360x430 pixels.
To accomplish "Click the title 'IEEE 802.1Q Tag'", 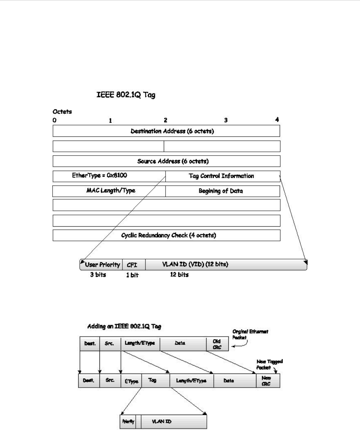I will (x=124, y=95).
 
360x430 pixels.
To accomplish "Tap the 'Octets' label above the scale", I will (x=62, y=112).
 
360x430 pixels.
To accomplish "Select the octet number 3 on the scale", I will (x=226, y=120).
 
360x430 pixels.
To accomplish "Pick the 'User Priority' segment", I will (x=102, y=265).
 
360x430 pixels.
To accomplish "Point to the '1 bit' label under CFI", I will (x=132, y=275).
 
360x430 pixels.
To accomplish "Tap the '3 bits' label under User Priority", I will (x=98, y=274).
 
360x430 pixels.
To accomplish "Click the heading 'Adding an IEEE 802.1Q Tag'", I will (x=124, y=326).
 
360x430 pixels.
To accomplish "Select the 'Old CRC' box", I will (x=217, y=344).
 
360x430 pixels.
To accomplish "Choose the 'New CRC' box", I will (x=267, y=380).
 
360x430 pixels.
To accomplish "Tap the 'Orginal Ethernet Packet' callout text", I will (x=250, y=334).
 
